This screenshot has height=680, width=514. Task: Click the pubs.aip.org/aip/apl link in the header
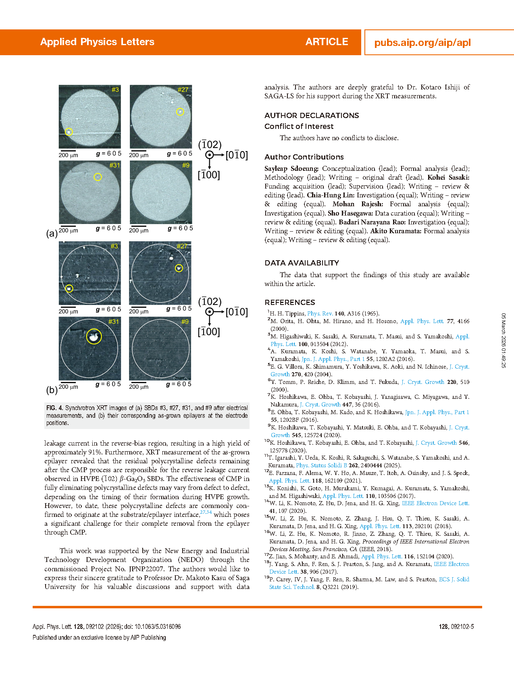422,43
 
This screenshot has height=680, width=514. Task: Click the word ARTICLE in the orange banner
327,42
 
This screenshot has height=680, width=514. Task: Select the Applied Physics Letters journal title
97,42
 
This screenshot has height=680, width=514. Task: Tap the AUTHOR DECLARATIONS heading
312,116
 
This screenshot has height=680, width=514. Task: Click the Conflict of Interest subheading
299,126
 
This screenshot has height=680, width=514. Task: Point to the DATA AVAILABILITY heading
302,263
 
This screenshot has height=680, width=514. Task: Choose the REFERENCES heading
289,303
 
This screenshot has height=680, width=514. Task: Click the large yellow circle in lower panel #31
94,336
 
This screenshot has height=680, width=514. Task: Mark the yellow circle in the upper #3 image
69,132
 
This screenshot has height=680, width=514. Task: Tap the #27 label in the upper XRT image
183,89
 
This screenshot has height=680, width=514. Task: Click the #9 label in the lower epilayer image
185,321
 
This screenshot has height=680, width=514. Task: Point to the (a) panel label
52,234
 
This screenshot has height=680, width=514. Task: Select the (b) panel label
52,390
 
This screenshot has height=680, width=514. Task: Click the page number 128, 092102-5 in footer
456,627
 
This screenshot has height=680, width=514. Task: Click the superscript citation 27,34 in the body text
206,512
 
